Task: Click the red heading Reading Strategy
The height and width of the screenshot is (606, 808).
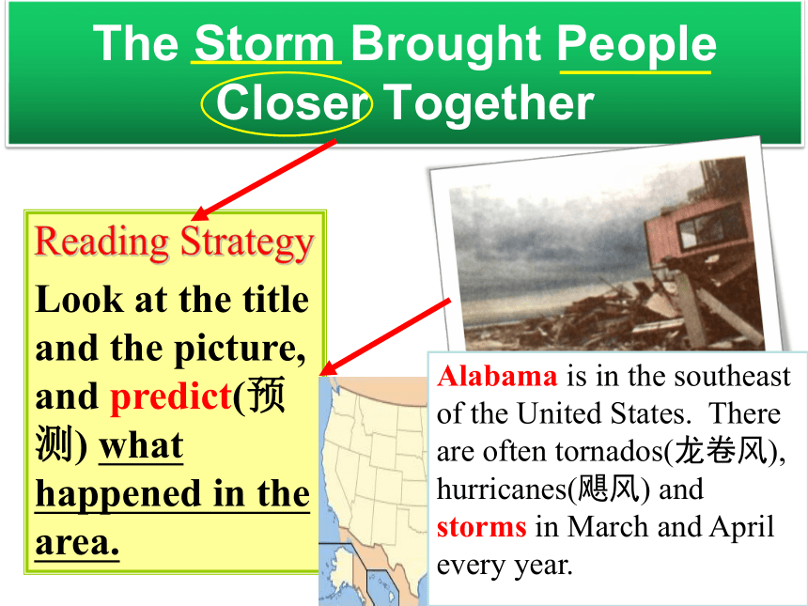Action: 174,242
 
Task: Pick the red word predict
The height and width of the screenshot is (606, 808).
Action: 171,397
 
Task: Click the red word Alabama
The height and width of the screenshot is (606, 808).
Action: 497,376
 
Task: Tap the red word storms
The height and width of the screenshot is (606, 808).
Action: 482,528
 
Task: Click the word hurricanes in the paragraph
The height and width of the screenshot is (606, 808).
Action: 502,489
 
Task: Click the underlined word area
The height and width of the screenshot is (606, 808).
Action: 77,542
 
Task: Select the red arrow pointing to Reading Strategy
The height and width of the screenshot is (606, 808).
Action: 264,179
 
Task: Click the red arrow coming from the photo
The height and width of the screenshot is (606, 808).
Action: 385,337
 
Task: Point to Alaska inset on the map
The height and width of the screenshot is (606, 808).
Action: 340,573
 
